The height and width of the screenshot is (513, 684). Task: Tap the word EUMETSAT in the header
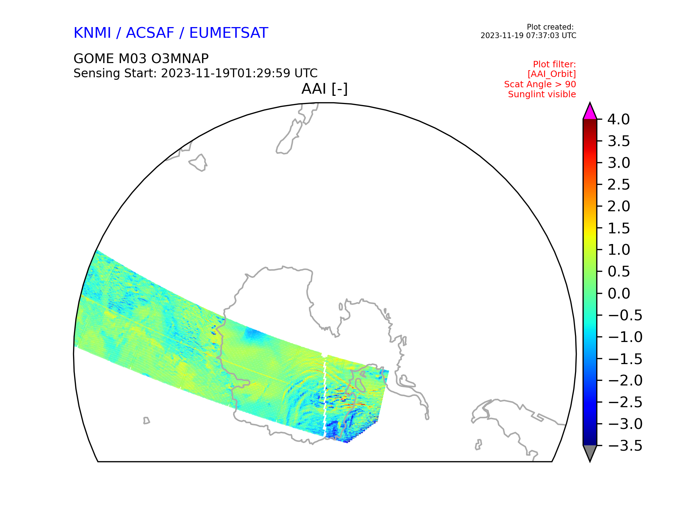coord(228,33)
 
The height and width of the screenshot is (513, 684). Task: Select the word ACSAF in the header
coord(150,33)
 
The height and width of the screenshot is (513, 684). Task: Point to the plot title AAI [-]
coord(325,89)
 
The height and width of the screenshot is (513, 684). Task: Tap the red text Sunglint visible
coord(542,94)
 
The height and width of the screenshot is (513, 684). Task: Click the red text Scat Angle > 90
coord(540,84)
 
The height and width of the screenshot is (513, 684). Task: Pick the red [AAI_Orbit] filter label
coord(551,74)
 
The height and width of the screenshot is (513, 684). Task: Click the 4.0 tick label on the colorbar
coord(619,119)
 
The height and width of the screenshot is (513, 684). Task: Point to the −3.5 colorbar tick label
coord(625,446)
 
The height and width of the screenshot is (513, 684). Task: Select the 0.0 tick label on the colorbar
coord(619,294)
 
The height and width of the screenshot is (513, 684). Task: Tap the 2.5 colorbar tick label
coord(619,185)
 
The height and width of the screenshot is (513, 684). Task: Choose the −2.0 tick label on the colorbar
coord(625,380)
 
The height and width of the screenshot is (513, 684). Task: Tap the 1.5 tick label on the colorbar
coord(619,228)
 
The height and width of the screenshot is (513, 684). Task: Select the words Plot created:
coord(550,27)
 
